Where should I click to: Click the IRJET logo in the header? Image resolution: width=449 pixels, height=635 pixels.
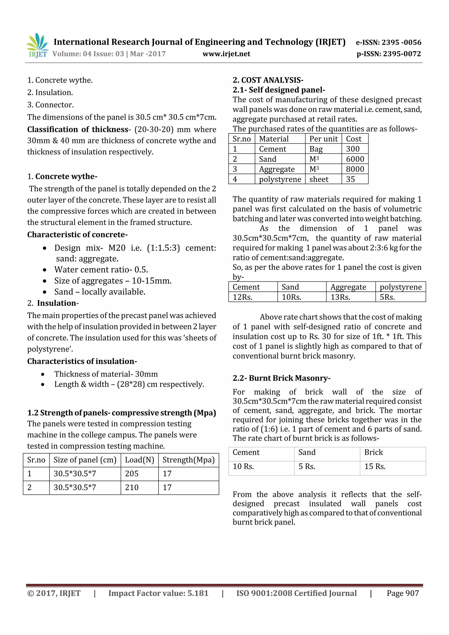37,46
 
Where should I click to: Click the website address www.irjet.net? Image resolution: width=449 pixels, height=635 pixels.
226,54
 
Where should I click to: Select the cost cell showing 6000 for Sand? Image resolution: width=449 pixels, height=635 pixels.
355,159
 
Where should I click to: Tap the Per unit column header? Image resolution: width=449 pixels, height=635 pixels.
323,139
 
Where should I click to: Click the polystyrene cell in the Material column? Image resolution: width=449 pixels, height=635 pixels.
280,179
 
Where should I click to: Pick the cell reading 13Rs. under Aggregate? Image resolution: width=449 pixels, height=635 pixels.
340,297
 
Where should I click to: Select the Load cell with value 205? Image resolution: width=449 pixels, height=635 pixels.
132,473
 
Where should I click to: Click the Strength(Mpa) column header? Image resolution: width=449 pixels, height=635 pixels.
188,460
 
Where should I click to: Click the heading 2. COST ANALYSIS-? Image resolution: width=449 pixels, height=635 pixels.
268,80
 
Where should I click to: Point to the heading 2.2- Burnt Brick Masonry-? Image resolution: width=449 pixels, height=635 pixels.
281,378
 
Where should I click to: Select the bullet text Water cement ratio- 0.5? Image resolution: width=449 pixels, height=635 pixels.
101,270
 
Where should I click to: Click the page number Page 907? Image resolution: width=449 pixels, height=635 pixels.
403,593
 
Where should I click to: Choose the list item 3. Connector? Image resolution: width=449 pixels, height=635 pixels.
50,105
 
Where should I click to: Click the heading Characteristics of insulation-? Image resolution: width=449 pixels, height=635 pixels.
82,361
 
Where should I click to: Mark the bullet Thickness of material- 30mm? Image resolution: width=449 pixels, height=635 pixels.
106,374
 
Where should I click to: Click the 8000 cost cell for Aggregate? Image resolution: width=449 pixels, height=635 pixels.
355,169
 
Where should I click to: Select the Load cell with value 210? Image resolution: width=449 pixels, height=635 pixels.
132,487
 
